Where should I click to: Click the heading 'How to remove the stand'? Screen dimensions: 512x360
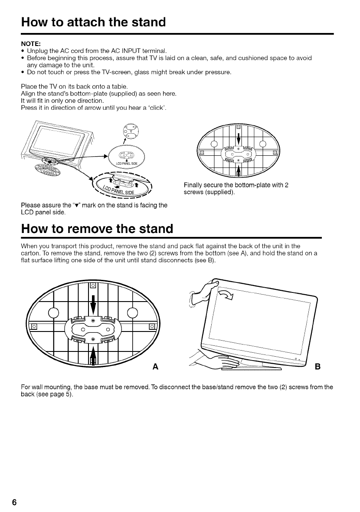pos(97,228)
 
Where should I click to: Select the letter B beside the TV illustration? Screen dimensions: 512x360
pos(317,367)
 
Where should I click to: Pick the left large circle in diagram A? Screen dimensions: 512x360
pos(54,312)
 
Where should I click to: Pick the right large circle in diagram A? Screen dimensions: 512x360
pos(133,312)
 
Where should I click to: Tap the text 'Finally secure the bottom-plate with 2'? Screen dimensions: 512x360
pos(236,185)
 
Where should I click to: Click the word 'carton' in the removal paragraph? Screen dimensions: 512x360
pos(30,253)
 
